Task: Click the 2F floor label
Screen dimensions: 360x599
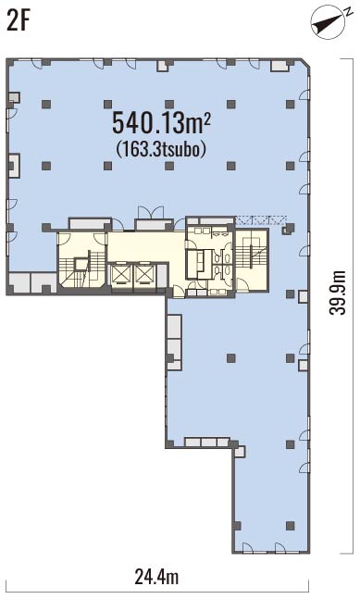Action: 18,21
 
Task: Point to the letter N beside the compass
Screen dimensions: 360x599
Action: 348,12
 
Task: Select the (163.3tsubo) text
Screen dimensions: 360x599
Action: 161,149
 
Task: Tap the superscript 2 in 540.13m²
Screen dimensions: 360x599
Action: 207,119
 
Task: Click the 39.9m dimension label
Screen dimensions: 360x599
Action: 338,293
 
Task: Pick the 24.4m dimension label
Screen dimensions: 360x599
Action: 156,577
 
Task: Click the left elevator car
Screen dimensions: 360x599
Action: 120,274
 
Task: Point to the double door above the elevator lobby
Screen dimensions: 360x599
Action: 151,212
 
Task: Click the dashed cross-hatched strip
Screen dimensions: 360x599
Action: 261,220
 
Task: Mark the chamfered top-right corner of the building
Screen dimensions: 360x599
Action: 304,64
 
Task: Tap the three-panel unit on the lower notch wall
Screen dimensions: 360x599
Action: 207,443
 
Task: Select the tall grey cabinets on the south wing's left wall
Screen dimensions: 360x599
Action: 174,341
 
